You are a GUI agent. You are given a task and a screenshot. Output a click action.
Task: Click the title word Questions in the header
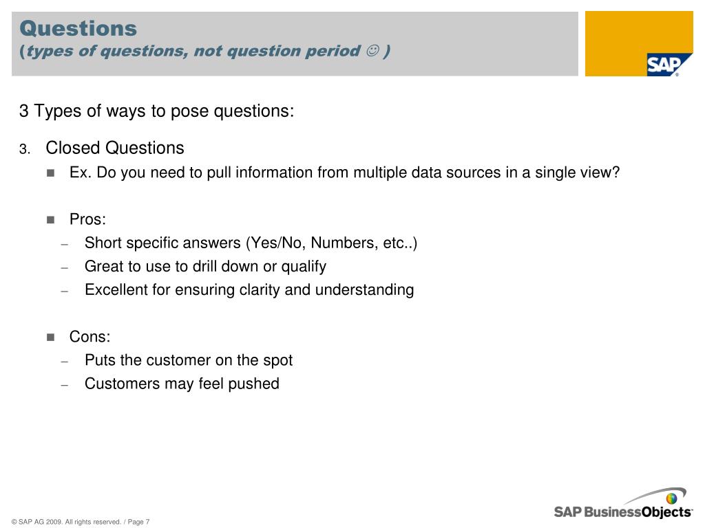78,28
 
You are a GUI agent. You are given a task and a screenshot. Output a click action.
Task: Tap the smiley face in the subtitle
372,50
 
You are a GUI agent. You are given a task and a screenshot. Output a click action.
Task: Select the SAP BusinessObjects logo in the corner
623,504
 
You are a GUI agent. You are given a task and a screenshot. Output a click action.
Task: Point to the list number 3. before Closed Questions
25,149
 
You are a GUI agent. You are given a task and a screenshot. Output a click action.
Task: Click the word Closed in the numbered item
73,148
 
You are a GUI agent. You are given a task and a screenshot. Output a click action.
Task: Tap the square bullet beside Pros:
50,219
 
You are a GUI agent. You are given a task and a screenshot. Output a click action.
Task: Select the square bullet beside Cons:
50,337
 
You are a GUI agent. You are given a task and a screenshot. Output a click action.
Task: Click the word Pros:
87,219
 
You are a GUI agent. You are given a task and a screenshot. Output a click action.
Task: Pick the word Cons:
90,337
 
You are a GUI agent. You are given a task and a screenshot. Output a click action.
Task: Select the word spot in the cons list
278,360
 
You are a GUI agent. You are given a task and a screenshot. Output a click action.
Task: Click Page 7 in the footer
138,522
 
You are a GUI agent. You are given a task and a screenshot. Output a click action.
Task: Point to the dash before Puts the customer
65,362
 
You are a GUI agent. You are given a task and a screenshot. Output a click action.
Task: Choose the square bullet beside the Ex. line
50,173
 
